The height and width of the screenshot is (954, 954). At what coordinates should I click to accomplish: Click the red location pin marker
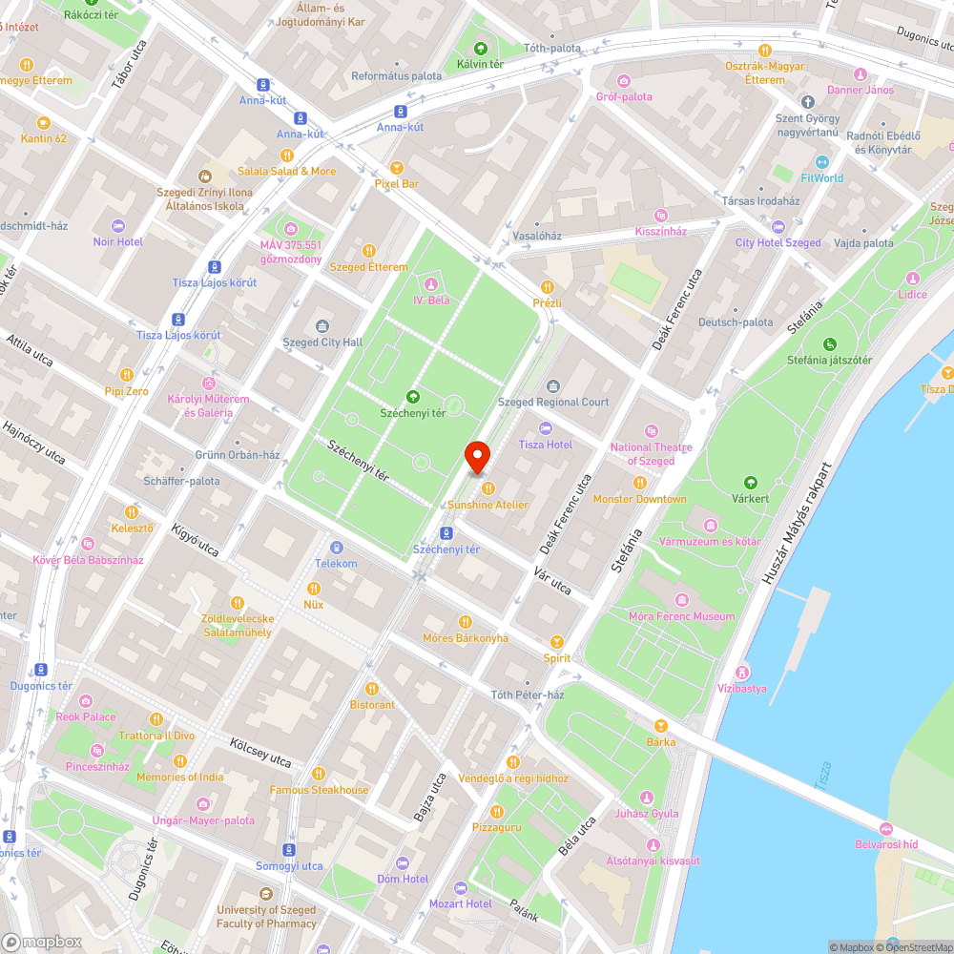[x=476, y=457]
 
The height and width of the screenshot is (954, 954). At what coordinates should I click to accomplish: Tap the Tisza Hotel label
[x=546, y=445]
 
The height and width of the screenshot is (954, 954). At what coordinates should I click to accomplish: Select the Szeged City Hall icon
[x=322, y=327]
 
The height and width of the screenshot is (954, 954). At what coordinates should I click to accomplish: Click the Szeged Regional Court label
[x=553, y=402]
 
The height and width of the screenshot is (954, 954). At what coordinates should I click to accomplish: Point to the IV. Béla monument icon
[x=431, y=284]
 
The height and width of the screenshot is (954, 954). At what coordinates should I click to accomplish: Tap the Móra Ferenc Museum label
[x=682, y=616]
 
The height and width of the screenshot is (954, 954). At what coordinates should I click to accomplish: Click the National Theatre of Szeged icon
[x=652, y=431]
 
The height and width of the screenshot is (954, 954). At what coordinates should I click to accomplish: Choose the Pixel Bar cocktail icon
[x=397, y=167]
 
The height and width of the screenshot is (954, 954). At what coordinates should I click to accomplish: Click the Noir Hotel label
[x=118, y=241]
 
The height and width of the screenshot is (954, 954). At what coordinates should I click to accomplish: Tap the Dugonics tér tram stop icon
[x=41, y=670]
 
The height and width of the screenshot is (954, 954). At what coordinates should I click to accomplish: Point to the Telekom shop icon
[x=336, y=548]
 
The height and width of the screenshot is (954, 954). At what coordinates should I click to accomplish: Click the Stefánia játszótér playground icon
[x=829, y=344]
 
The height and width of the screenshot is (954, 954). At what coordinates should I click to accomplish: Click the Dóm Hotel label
[x=403, y=879]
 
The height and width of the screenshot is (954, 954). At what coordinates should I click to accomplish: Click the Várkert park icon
[x=750, y=483]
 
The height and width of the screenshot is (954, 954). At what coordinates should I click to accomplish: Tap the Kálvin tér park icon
[x=480, y=48]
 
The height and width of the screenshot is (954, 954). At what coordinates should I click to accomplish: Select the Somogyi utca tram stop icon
[x=289, y=850]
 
